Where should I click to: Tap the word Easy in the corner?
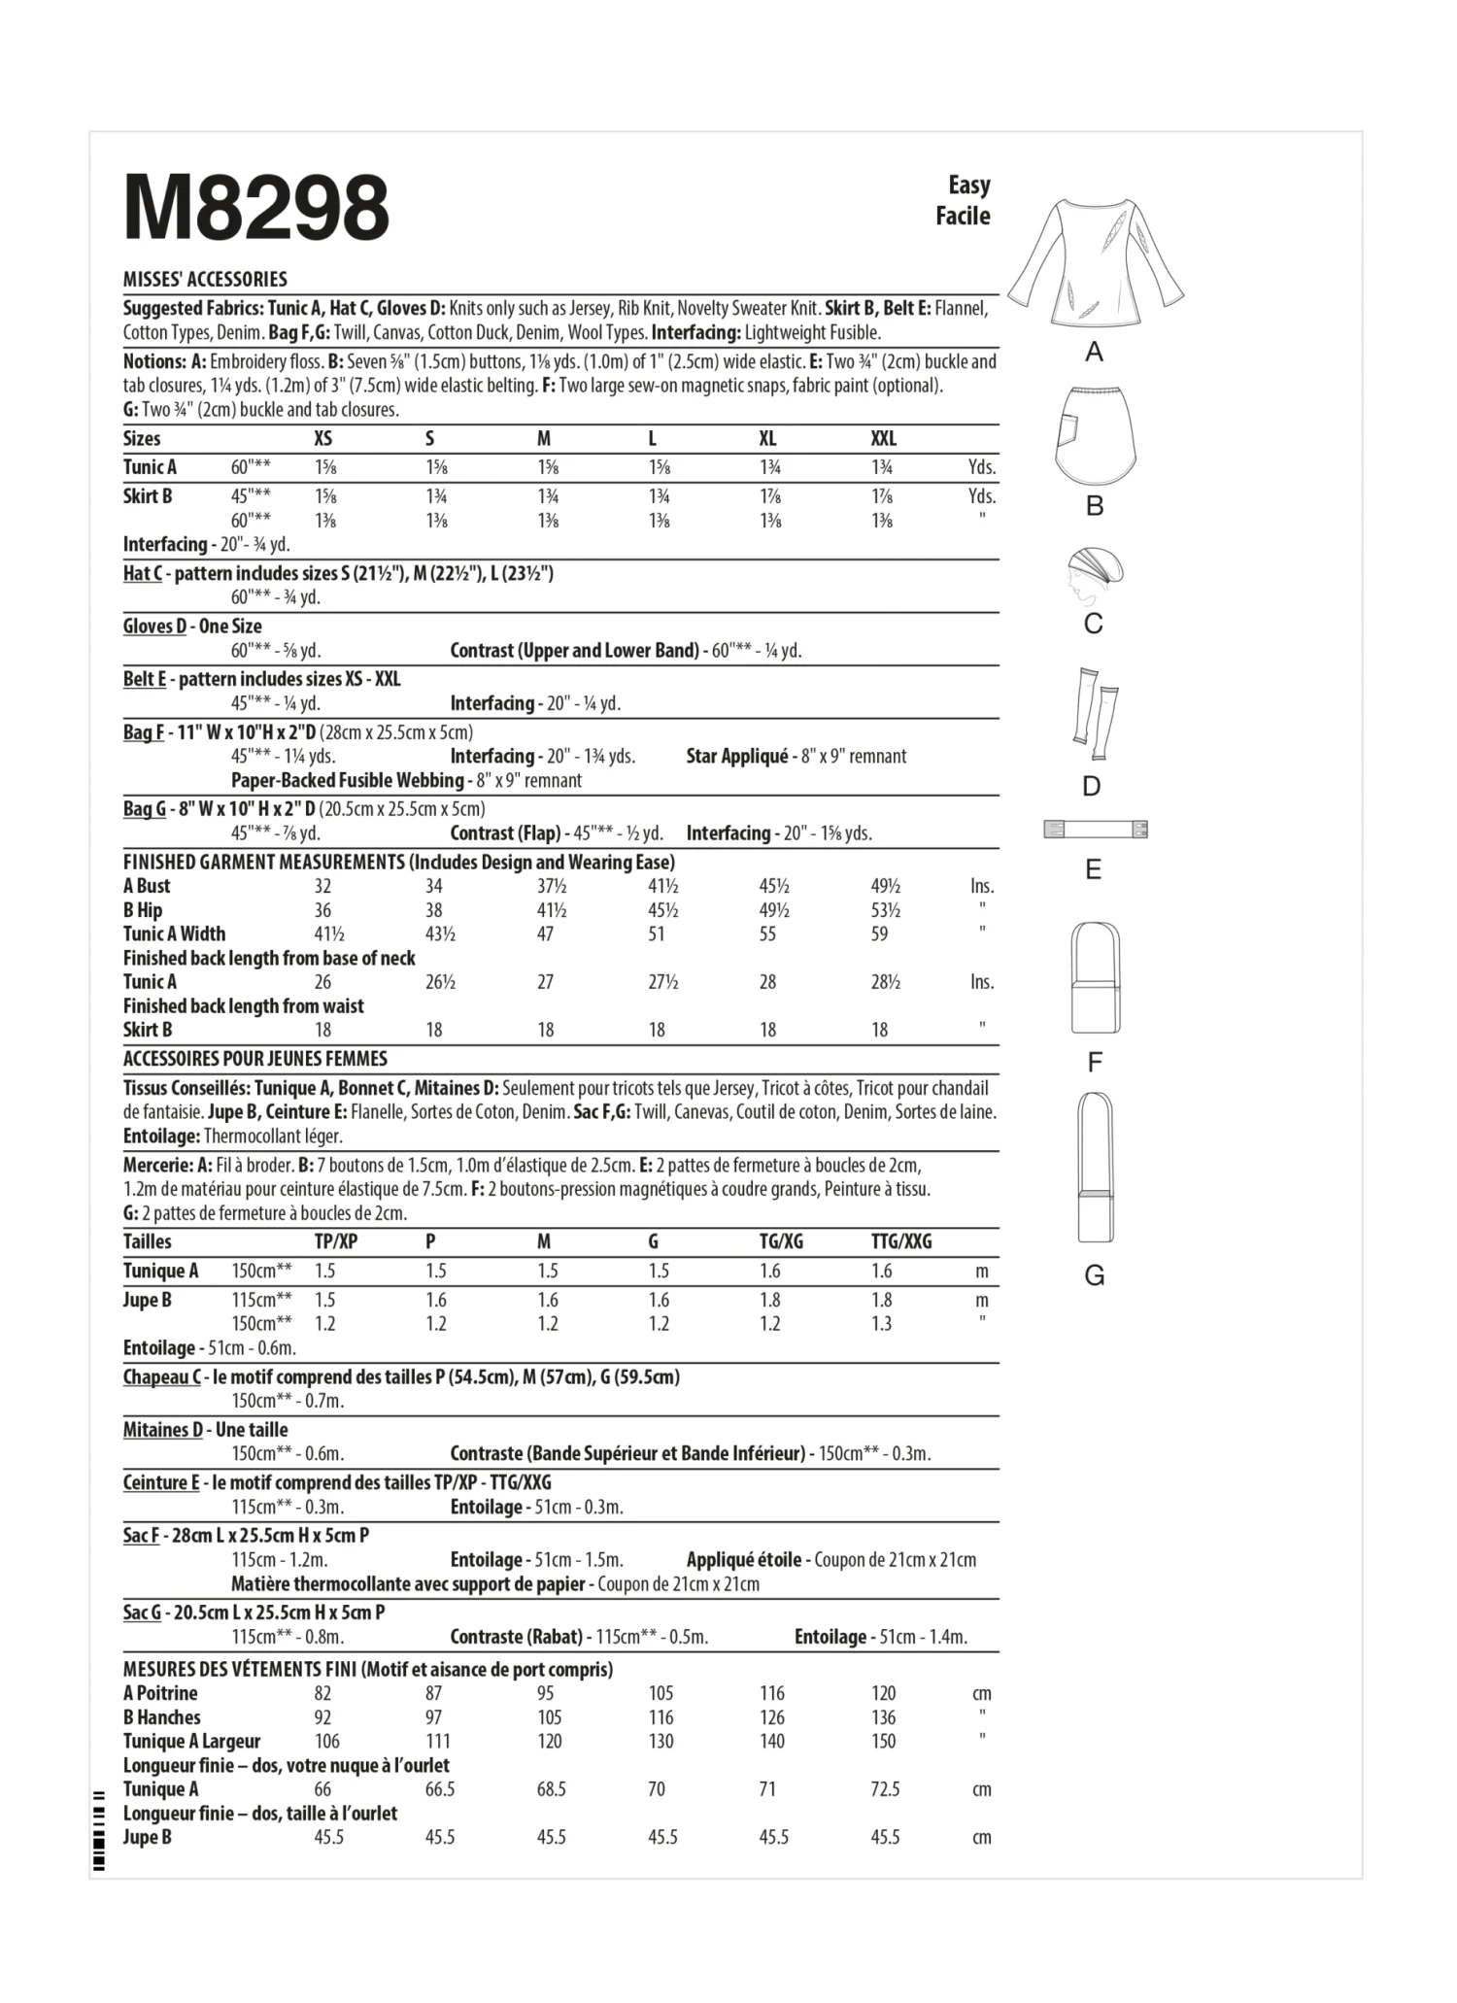coord(968,185)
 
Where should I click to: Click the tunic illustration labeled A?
coord(1095,260)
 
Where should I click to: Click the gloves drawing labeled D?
coord(1095,714)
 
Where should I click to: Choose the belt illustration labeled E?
coord(1095,830)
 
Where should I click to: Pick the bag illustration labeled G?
coord(1095,1167)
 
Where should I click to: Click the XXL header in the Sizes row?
coord(884,439)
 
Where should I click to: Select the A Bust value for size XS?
coord(322,886)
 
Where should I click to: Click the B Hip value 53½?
coord(885,910)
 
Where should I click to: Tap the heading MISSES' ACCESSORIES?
coord(205,280)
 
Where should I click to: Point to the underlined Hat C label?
coord(143,573)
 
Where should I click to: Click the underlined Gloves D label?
coord(154,627)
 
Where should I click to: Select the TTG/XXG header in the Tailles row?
coord(900,1241)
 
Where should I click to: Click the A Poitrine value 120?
coord(883,1693)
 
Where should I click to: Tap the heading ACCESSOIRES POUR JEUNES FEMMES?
coord(255,1059)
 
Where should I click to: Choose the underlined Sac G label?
coord(142,1613)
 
